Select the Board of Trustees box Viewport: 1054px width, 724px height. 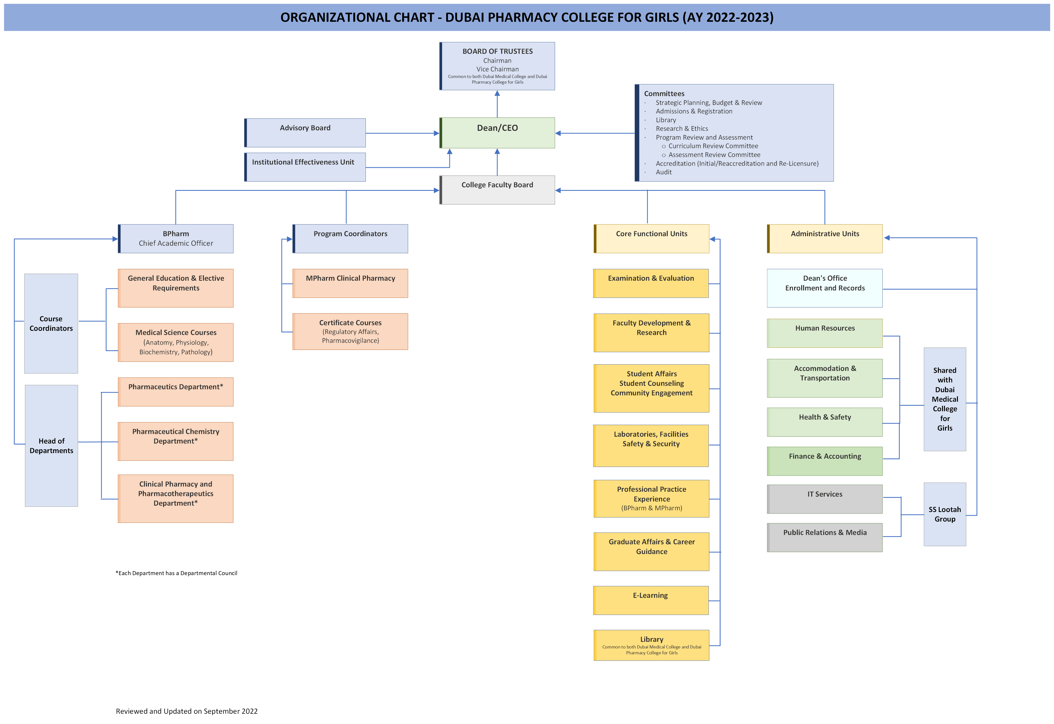pyautogui.click(x=497, y=66)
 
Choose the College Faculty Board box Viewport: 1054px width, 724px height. pyautogui.click(x=497, y=190)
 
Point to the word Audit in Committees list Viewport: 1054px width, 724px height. pyautogui.click(x=664, y=172)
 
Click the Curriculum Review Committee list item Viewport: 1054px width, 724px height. pyautogui.click(x=713, y=146)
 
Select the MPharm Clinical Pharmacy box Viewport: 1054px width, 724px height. pyautogui.click(x=350, y=283)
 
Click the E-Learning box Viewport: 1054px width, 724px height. pyautogui.click(x=651, y=600)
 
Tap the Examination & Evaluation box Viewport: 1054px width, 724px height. pyautogui.click(x=651, y=283)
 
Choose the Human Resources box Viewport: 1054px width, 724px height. pyautogui.click(x=824, y=333)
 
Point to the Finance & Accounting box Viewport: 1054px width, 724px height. pyautogui.click(x=824, y=461)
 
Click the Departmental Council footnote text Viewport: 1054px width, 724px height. pyautogui.click(x=177, y=573)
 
